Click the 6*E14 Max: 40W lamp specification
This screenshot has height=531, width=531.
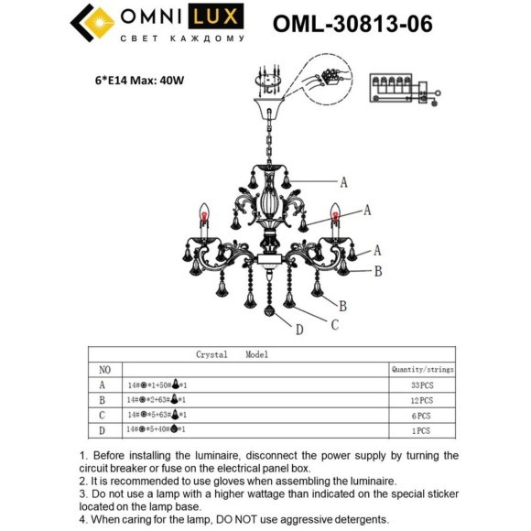coord(146,80)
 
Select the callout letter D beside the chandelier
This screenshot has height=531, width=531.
coord(299,329)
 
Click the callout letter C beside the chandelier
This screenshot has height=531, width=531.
coord(335,323)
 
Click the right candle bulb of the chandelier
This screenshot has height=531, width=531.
coord(336,220)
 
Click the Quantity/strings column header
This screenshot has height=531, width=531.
coord(422,369)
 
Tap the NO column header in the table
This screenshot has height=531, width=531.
coord(104,369)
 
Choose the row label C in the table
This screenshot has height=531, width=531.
coord(103,415)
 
